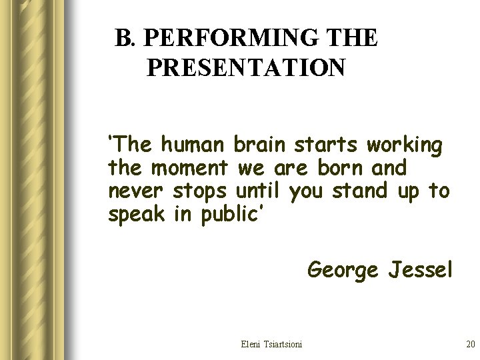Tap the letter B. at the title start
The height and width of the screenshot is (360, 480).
125,39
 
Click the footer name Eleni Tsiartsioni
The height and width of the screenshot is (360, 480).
271,344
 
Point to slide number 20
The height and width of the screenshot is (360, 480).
469,344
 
